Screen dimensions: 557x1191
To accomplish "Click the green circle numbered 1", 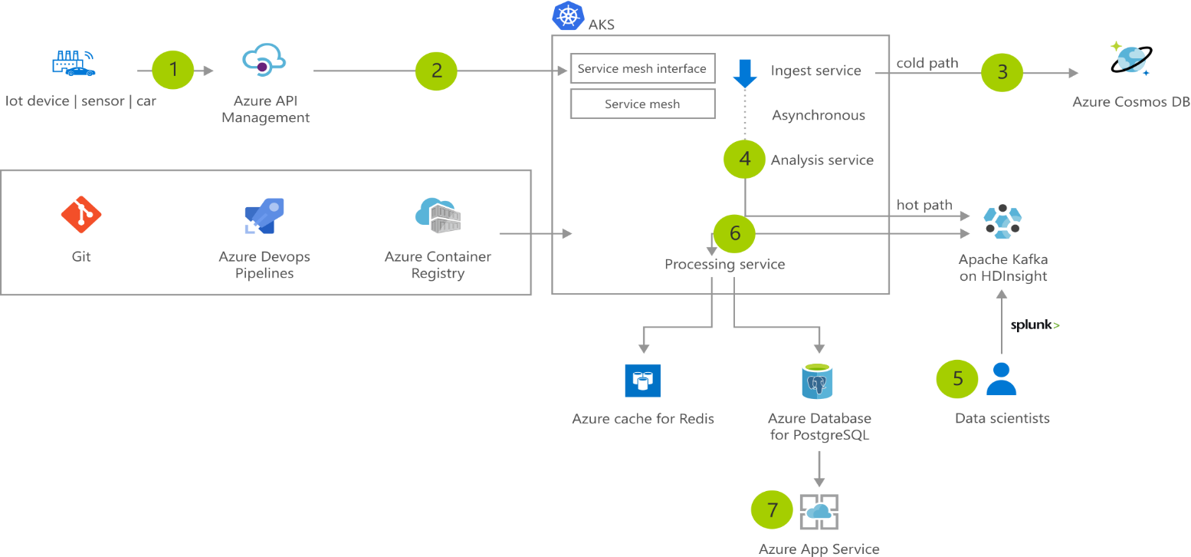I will (x=173, y=70).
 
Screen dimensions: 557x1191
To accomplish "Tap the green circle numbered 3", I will (x=1002, y=73).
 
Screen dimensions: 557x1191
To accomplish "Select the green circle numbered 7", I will (x=773, y=509).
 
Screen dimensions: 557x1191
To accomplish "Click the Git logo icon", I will (x=81, y=214).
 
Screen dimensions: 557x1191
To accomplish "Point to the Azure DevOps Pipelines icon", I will (x=264, y=216).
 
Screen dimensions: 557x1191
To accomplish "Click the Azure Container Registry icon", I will (x=438, y=216).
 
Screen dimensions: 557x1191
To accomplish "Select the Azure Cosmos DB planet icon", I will (x=1130, y=60).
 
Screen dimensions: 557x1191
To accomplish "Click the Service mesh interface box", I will (x=642, y=68).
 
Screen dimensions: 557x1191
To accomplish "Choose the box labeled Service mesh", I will (x=642, y=104).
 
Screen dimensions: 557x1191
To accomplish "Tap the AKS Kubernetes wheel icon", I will (x=568, y=16).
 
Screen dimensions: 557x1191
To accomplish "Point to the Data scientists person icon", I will (x=1001, y=377).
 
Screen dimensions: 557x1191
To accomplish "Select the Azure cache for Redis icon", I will (x=642, y=380).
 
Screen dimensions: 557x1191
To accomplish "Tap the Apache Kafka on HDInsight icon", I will (x=1002, y=220).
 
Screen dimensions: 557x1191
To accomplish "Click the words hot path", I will (x=924, y=205).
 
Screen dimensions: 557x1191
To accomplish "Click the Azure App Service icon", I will (x=819, y=512).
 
